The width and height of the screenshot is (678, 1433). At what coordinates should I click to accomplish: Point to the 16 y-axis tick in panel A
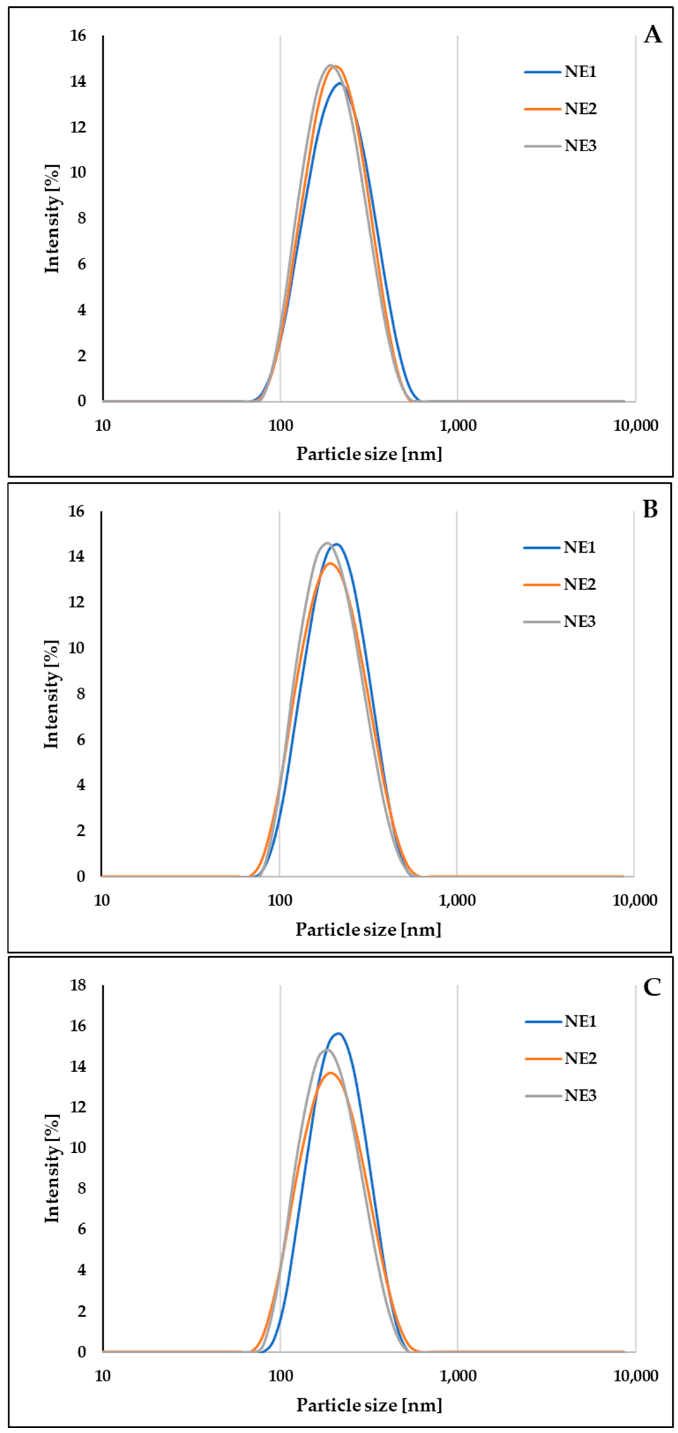[x=78, y=36]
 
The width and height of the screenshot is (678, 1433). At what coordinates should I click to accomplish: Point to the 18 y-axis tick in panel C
[x=78, y=985]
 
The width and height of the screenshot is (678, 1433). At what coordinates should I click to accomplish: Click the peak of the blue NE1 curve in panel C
[x=338, y=1034]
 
